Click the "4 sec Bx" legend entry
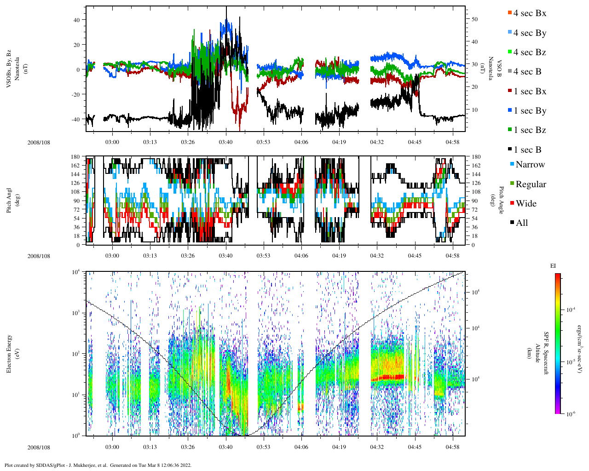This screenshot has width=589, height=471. pyautogui.click(x=529, y=13)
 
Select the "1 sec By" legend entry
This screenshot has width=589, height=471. pyautogui.click(x=530, y=111)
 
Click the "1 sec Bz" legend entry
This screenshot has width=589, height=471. pyautogui.click(x=530, y=130)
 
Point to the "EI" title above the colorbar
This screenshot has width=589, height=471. pyautogui.click(x=553, y=266)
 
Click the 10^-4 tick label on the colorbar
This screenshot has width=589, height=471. pyautogui.click(x=571, y=310)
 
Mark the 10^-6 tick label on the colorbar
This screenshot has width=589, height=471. pyautogui.click(x=571, y=414)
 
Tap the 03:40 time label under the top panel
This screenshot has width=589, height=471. pyautogui.click(x=225, y=142)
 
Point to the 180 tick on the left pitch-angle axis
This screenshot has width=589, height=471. pyautogui.click(x=75, y=157)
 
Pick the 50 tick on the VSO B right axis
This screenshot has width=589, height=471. pyautogui.click(x=474, y=19)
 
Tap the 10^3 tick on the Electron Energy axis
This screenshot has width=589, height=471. pyautogui.click(x=75, y=313)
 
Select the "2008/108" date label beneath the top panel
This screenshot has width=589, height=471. pyautogui.click(x=39, y=142)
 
